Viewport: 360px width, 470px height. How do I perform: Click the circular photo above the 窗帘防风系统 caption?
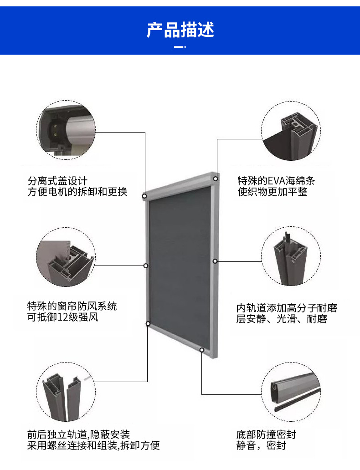pos(66,257)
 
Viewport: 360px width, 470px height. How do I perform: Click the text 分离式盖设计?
pos(57,181)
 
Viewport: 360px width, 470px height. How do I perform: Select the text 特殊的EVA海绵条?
pos(276,181)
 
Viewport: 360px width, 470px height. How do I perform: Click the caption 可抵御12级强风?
pos(63,317)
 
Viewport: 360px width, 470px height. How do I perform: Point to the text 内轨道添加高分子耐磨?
pos(287,308)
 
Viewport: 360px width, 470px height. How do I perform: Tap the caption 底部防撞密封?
pos(266,434)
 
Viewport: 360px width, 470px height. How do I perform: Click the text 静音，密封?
pos(261,445)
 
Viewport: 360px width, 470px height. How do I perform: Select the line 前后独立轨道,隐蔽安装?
pos(78,434)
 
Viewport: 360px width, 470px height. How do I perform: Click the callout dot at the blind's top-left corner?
pos(144,196)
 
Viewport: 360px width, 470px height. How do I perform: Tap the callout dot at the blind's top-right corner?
pos(216,179)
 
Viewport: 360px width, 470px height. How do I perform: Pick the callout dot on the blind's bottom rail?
pos(202,349)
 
